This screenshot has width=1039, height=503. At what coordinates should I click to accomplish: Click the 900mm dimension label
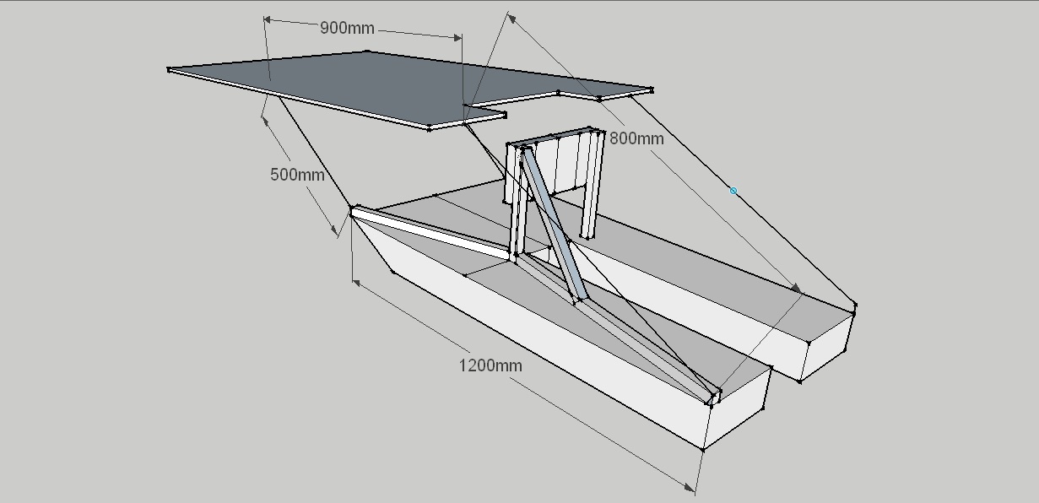[x=347, y=28]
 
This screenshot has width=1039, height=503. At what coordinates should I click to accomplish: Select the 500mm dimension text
[x=297, y=175]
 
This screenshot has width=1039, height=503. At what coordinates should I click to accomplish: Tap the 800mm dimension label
[x=636, y=138]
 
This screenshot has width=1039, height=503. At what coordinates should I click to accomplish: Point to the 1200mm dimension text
[x=490, y=365]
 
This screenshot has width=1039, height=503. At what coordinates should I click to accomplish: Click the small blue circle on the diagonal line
[x=733, y=192]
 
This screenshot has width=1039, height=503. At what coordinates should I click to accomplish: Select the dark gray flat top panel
[x=354, y=84]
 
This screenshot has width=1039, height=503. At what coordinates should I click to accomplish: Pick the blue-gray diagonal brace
[x=551, y=223]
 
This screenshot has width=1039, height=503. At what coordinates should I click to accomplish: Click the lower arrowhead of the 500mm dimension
[x=334, y=230]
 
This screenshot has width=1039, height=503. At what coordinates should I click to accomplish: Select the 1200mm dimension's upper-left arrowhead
[x=358, y=284]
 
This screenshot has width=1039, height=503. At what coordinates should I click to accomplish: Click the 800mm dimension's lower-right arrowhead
[x=796, y=289]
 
